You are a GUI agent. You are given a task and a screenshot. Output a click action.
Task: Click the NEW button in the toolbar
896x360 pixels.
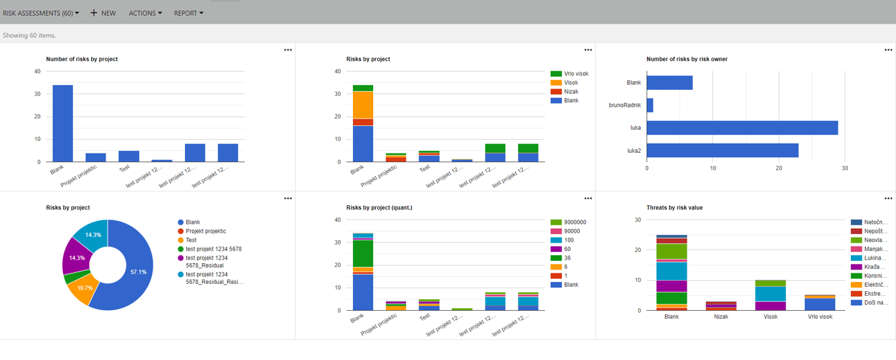(103, 13)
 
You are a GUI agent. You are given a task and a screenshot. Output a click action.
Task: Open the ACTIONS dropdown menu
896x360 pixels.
(145, 13)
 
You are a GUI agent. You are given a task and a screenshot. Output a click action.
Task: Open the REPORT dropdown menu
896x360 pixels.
(188, 13)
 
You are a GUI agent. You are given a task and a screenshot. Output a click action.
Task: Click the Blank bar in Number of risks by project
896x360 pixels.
(62, 123)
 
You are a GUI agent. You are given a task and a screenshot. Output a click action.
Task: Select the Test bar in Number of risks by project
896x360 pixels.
(129, 156)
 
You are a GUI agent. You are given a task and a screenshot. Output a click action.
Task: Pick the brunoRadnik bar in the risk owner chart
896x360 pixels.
(649, 105)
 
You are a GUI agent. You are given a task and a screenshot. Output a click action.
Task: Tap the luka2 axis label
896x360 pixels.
(633, 150)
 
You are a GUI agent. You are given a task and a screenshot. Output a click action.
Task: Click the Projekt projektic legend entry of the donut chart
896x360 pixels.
(205, 231)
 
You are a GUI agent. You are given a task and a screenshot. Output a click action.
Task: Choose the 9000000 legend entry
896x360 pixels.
(575, 222)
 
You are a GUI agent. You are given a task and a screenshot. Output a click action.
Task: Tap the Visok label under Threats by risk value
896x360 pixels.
(770, 317)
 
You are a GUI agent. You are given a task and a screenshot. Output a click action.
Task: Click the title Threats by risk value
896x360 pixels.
(674, 208)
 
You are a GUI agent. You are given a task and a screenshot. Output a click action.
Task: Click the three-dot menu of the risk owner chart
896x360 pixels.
(888, 50)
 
